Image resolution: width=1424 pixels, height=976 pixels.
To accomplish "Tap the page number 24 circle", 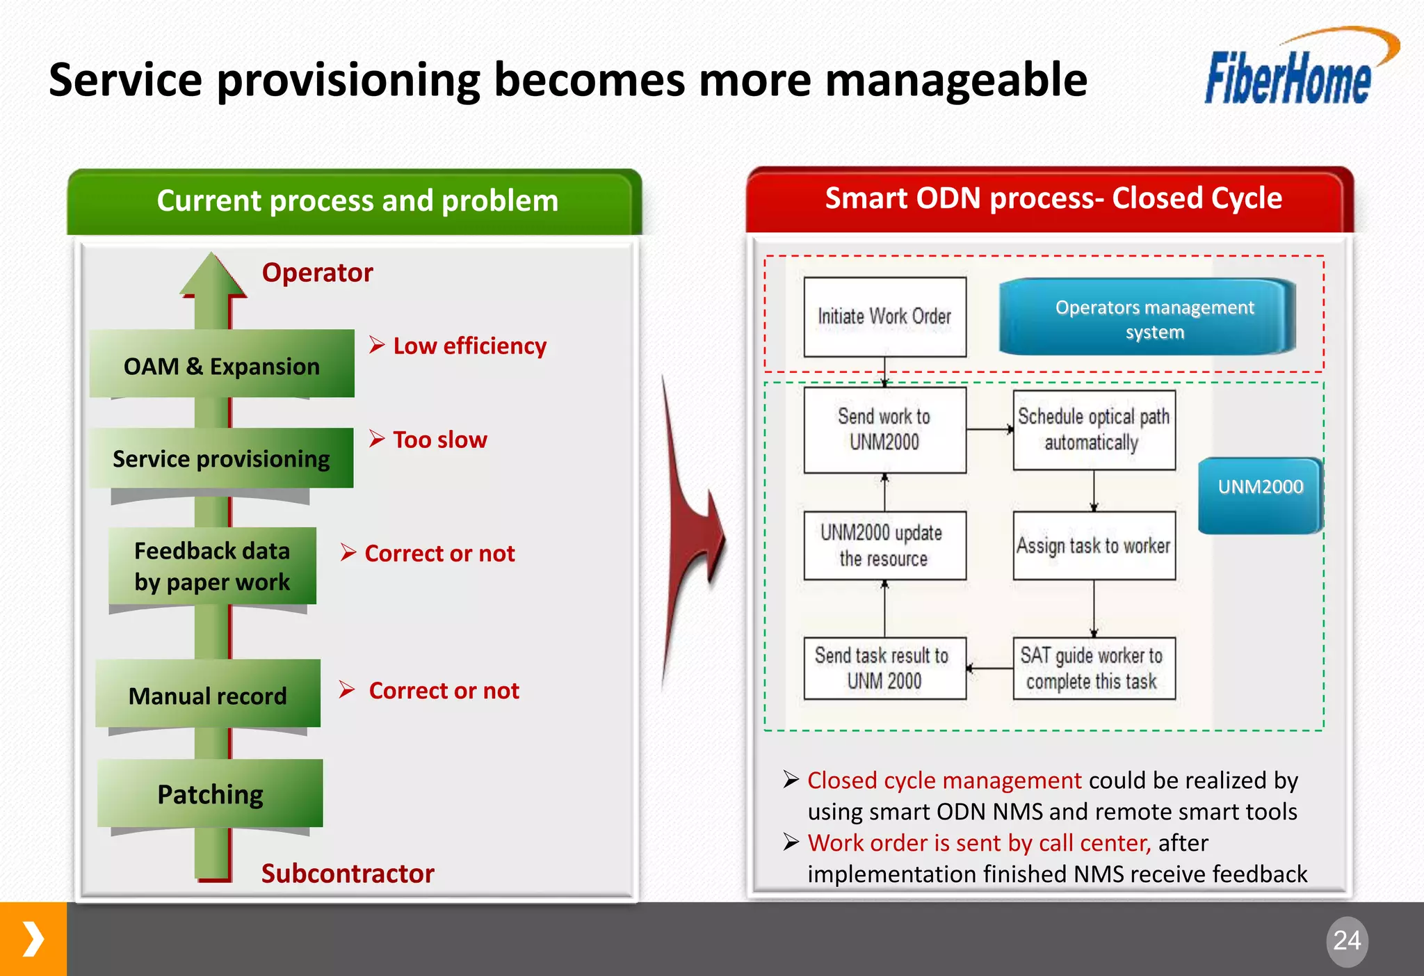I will tap(1347, 941).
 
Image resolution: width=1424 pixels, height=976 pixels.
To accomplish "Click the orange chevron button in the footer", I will tap(33, 939).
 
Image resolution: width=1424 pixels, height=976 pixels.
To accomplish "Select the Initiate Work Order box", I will tap(884, 317).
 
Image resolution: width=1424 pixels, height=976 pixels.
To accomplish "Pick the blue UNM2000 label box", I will tap(1260, 495).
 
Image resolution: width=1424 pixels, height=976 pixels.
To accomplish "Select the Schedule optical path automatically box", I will tap(1094, 430).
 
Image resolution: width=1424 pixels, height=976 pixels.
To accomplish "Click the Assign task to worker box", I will tap(1094, 546).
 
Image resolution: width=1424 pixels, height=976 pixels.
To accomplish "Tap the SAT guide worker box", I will tap(1094, 669).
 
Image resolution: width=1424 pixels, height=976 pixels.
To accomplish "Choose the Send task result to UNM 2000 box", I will tap(884, 669).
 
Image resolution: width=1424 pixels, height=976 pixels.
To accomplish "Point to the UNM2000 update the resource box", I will tap(884, 546).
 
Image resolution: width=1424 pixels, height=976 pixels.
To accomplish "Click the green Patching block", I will tap(210, 793).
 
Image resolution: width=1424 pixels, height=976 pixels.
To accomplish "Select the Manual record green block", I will tap(208, 694).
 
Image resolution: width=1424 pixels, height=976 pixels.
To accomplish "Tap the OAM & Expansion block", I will tap(222, 365).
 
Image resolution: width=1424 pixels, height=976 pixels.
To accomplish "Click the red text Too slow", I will tap(439, 440).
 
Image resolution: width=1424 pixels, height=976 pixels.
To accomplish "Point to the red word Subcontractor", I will tap(348, 873).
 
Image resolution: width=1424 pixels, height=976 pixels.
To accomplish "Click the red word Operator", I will tap(317, 273).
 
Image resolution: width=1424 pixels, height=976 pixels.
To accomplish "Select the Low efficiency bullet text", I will tap(469, 346).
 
